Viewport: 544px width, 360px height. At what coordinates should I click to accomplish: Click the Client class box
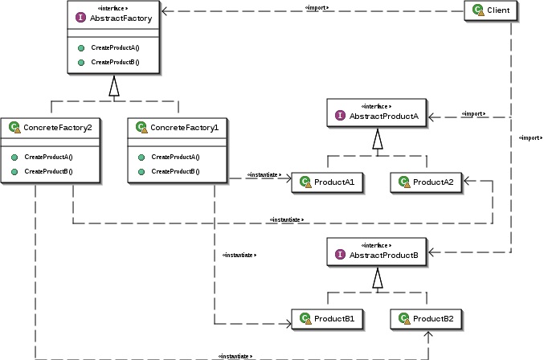pyautogui.click(x=493, y=10)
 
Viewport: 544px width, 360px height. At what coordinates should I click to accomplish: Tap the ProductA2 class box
pyautogui.click(x=427, y=182)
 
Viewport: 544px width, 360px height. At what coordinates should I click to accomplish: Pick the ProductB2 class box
pyautogui.click(x=427, y=319)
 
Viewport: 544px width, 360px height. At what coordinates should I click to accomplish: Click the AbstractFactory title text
pyautogui.click(x=122, y=17)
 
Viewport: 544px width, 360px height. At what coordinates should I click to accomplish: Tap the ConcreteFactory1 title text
pyautogui.click(x=184, y=127)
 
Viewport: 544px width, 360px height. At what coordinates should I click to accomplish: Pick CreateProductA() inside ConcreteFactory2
pyautogui.click(x=48, y=157)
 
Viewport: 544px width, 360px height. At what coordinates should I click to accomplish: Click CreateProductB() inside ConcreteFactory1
pyautogui.click(x=174, y=171)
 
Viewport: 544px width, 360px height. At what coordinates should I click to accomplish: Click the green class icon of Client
pyautogui.click(x=477, y=10)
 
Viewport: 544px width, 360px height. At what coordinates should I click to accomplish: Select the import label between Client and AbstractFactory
pyautogui.click(x=316, y=8)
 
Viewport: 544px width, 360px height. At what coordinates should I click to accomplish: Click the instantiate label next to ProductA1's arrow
pyautogui.click(x=263, y=175)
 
